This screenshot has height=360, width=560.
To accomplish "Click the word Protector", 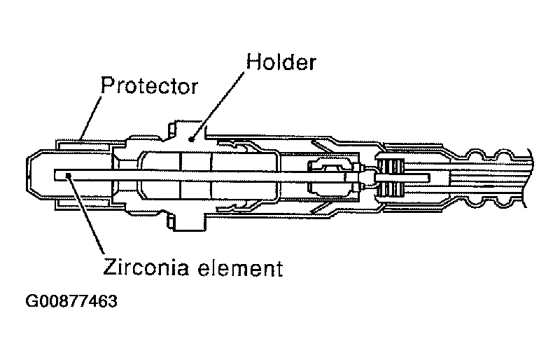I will (x=149, y=87).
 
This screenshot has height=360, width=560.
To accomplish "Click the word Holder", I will (x=279, y=62).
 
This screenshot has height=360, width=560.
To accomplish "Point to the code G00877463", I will (x=71, y=303).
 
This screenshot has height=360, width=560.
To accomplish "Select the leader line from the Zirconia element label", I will (x=85, y=217).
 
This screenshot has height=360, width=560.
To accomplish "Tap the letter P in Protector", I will (x=107, y=87).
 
